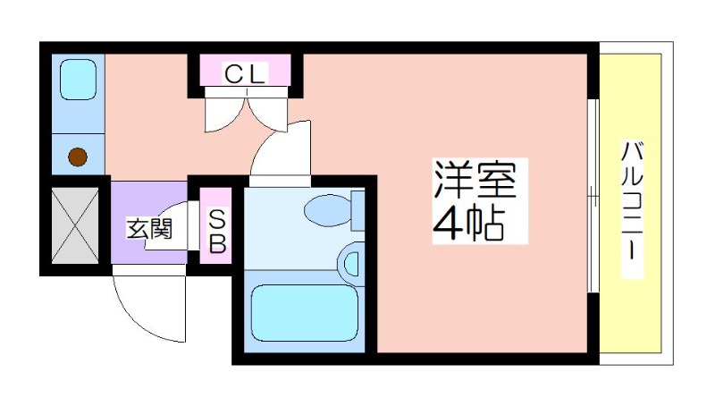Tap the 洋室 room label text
pyautogui.click(x=475, y=182)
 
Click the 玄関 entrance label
pyautogui.click(x=149, y=228)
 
